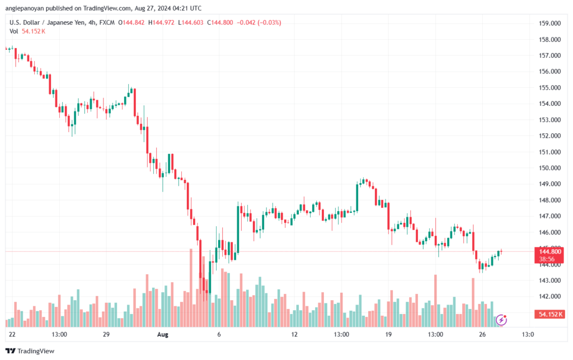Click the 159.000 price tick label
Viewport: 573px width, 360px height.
[x=549, y=24]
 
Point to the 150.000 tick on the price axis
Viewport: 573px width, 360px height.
[x=549, y=168]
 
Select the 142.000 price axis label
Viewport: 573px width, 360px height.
[x=549, y=296]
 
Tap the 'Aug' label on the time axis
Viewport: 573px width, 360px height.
[x=163, y=335]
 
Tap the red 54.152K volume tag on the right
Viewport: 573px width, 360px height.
[x=549, y=314]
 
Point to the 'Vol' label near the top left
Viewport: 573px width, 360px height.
[x=14, y=31]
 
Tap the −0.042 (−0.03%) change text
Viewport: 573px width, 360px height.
[x=259, y=22]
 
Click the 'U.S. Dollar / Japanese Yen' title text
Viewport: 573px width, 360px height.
[x=49, y=22]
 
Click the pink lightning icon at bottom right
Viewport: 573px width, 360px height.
[x=502, y=320]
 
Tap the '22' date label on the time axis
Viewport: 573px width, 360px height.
[x=12, y=335]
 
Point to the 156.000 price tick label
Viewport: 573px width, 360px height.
[x=549, y=72]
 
